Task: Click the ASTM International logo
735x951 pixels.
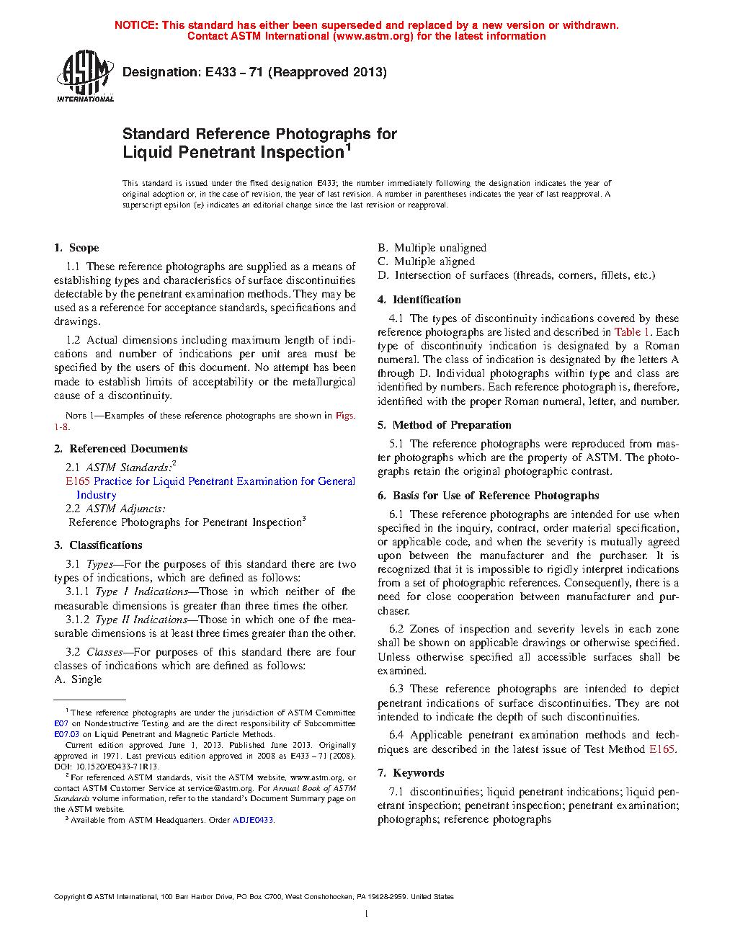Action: [85, 76]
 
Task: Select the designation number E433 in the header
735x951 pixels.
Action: [220, 72]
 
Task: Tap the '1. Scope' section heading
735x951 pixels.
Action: [76, 248]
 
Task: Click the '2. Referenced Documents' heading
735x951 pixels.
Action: [120, 449]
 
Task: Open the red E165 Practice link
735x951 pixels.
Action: [210, 481]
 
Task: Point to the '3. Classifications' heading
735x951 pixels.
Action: [98, 545]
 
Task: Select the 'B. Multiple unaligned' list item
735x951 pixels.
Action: [432, 248]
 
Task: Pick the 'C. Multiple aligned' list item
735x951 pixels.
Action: [426, 262]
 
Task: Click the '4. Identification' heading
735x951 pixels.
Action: [419, 300]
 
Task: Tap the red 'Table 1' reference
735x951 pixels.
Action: [632, 332]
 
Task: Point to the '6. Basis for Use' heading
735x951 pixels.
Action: [489, 496]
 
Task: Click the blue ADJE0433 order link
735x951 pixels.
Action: [253, 820]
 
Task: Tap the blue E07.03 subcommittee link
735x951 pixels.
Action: [66, 734]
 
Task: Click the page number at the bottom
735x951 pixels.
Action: [367, 914]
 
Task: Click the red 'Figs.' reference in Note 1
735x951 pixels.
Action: [345, 416]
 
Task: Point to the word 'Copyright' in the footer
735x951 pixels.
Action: [69, 897]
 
